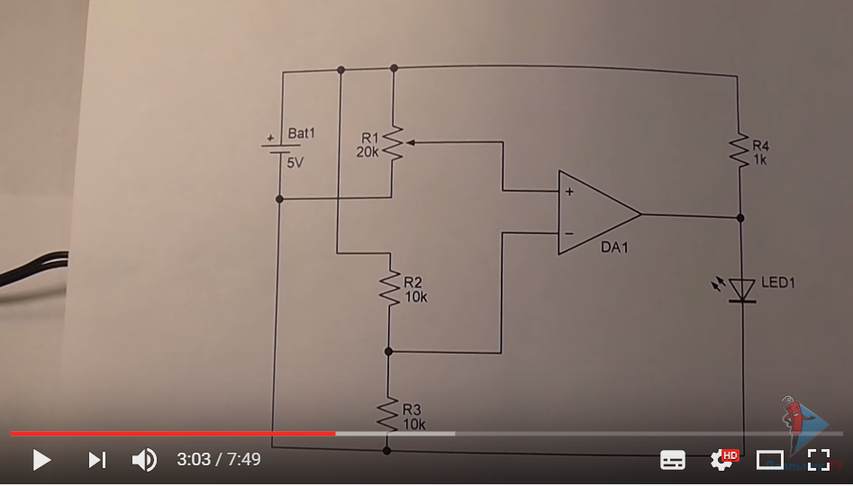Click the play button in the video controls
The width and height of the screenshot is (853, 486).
pyautogui.click(x=41, y=460)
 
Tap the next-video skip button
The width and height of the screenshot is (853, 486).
pyautogui.click(x=96, y=460)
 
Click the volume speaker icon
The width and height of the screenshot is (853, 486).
pyautogui.click(x=144, y=460)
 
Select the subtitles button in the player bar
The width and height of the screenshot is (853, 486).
pyautogui.click(x=673, y=460)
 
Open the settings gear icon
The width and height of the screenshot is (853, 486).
pyautogui.click(x=722, y=460)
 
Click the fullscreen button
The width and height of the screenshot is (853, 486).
pyautogui.click(x=818, y=460)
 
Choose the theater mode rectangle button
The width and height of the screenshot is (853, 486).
pyautogui.click(x=770, y=460)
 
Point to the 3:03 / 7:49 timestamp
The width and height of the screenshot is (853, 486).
pyautogui.click(x=219, y=460)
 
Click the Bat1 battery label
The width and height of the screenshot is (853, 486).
pyautogui.click(x=303, y=133)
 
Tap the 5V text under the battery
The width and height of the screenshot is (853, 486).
pyautogui.click(x=295, y=163)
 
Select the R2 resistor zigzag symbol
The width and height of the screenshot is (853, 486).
pyautogui.click(x=389, y=290)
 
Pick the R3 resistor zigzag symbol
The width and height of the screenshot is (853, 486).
pyautogui.click(x=388, y=415)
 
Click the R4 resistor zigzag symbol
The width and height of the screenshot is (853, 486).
pyautogui.click(x=739, y=148)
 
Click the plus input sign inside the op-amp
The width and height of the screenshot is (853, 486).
pyautogui.click(x=569, y=192)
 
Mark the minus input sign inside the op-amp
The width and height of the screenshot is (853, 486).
pyautogui.click(x=568, y=234)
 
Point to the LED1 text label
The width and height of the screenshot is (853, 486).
pyautogui.click(x=778, y=283)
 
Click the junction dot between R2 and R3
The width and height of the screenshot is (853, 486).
pyautogui.click(x=388, y=351)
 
